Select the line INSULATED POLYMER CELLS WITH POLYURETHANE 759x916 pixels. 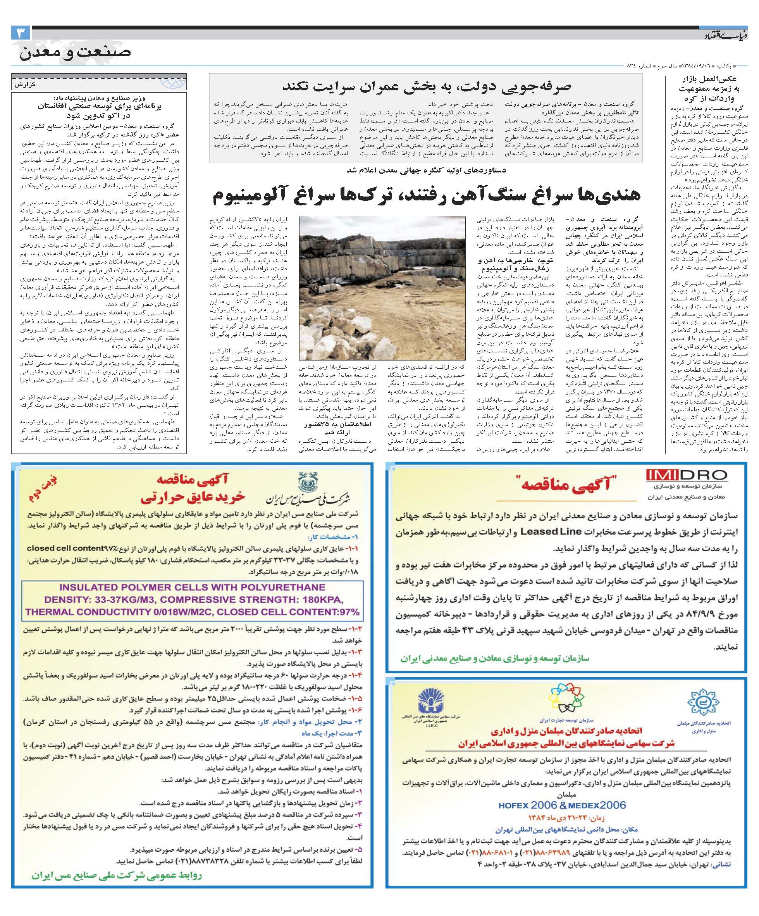tap(192, 587)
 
